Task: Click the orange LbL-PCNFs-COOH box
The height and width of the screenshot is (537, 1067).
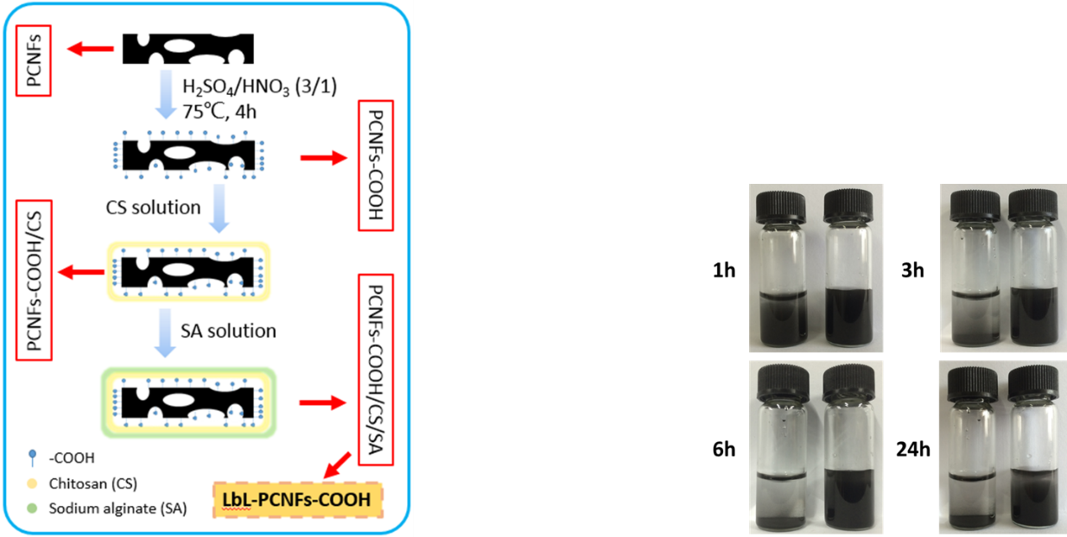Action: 298,498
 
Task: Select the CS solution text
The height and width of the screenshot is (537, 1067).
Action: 154,208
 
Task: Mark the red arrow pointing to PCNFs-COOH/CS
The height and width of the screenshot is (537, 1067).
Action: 79,274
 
